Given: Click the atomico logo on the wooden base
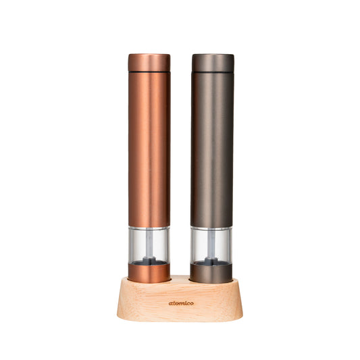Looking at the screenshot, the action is tap(181, 303).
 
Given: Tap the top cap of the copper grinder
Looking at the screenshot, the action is tap(149, 63).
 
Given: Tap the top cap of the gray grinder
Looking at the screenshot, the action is tap(213, 63).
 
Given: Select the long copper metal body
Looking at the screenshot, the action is tap(149, 150).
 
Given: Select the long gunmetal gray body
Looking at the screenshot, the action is tap(211, 150).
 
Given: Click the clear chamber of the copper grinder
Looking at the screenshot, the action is tap(149, 245).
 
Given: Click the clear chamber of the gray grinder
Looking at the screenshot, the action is tap(211, 245).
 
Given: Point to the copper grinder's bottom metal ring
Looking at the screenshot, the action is tap(149, 274).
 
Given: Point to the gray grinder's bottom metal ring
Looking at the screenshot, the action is tap(211, 274).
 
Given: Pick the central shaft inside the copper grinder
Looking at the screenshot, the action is tap(149, 244).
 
